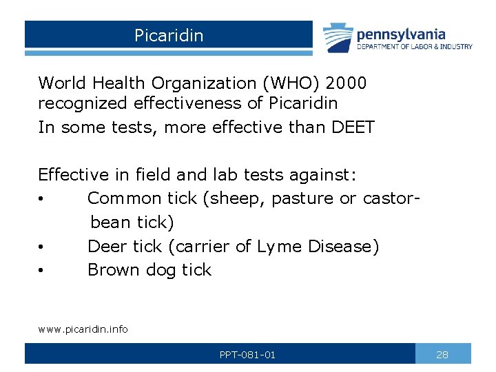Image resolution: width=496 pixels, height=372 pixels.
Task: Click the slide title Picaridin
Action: pos(169,35)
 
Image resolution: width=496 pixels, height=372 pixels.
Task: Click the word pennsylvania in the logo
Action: pos(401,34)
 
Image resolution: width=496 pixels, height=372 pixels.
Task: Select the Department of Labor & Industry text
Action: pos(414,47)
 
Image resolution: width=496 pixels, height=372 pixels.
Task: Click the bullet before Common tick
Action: pos(42,200)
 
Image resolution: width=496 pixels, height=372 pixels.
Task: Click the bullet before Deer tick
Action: pos(42,247)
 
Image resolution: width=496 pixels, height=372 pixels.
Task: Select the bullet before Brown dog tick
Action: pos(42,271)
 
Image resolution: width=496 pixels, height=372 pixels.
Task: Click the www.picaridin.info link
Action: pos(83,329)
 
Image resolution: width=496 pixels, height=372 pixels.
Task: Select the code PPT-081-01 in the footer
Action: pos(247,355)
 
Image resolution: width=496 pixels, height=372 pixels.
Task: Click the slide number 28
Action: pos(443,355)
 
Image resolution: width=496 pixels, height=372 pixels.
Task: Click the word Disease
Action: pos(344,247)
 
